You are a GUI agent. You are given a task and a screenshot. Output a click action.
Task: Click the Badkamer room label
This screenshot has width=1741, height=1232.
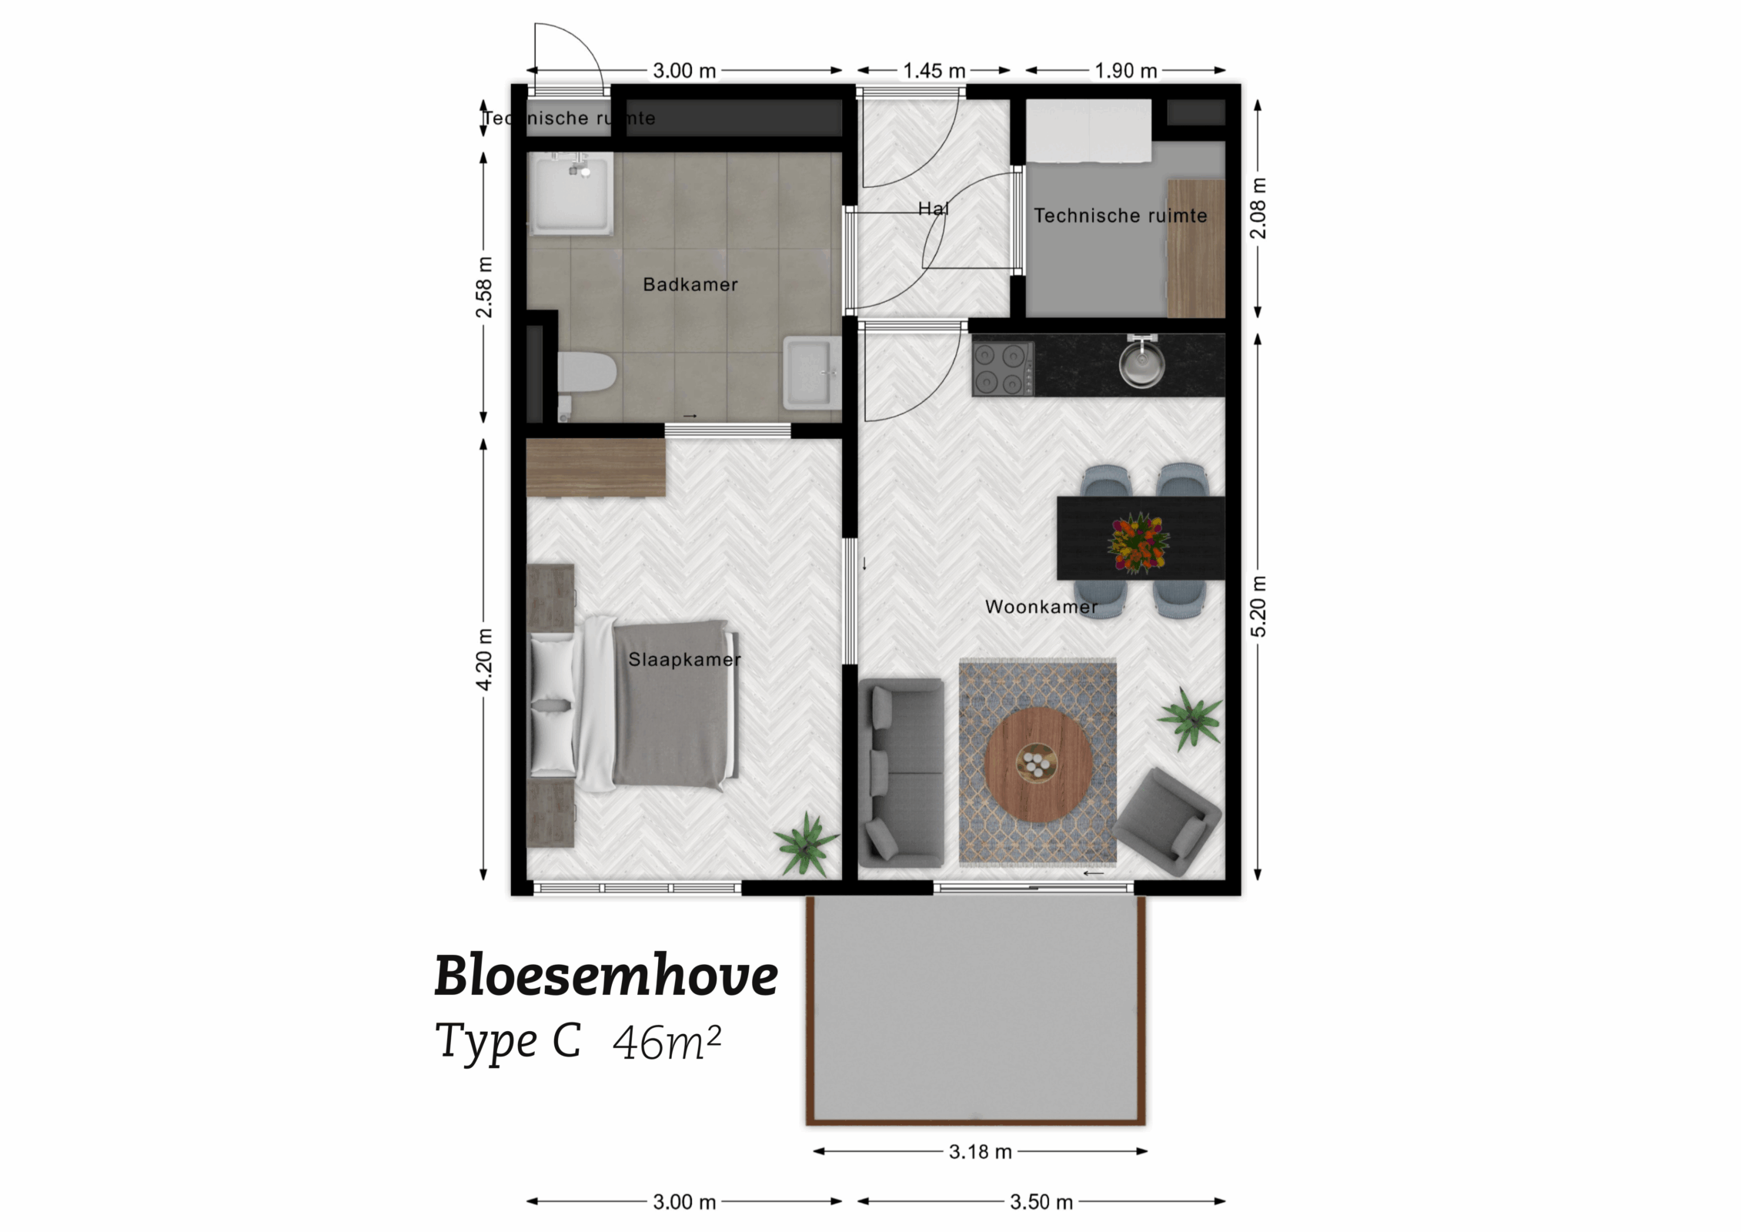[x=690, y=285]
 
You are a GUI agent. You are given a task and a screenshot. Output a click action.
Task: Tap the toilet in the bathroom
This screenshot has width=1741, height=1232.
[x=585, y=374]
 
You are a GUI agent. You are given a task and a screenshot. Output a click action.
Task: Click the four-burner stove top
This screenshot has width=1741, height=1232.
[x=1002, y=369]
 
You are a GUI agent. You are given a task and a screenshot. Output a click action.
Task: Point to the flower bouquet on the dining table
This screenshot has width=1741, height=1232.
[x=1138, y=542]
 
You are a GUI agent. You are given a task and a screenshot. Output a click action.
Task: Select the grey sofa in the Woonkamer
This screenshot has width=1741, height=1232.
[x=901, y=772]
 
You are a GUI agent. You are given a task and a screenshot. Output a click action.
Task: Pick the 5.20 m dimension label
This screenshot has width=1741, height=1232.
[x=1258, y=606]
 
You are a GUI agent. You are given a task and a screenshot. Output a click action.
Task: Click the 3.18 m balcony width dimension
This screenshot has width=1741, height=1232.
[x=979, y=1152]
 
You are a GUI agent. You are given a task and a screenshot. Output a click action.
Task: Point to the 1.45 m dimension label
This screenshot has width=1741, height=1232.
[x=934, y=71]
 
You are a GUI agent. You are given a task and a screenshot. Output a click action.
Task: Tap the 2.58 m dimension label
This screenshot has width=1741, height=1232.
[x=483, y=287]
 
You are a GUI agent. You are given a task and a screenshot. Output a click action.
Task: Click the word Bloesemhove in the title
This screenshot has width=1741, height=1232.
[x=606, y=976]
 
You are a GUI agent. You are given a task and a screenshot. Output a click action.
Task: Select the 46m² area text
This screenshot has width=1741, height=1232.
[x=667, y=1043]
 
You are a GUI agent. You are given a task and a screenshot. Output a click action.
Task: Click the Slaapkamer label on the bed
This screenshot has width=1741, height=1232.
[x=683, y=660]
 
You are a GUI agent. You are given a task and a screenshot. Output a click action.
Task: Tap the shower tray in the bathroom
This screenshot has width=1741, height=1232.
[x=570, y=194]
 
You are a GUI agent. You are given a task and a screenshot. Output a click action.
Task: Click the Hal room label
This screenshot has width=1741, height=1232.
[x=933, y=208]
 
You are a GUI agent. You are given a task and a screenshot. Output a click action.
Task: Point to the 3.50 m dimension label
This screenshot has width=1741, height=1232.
[x=1041, y=1202]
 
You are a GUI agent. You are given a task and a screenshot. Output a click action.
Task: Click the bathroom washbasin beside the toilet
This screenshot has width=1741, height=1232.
[x=811, y=374]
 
